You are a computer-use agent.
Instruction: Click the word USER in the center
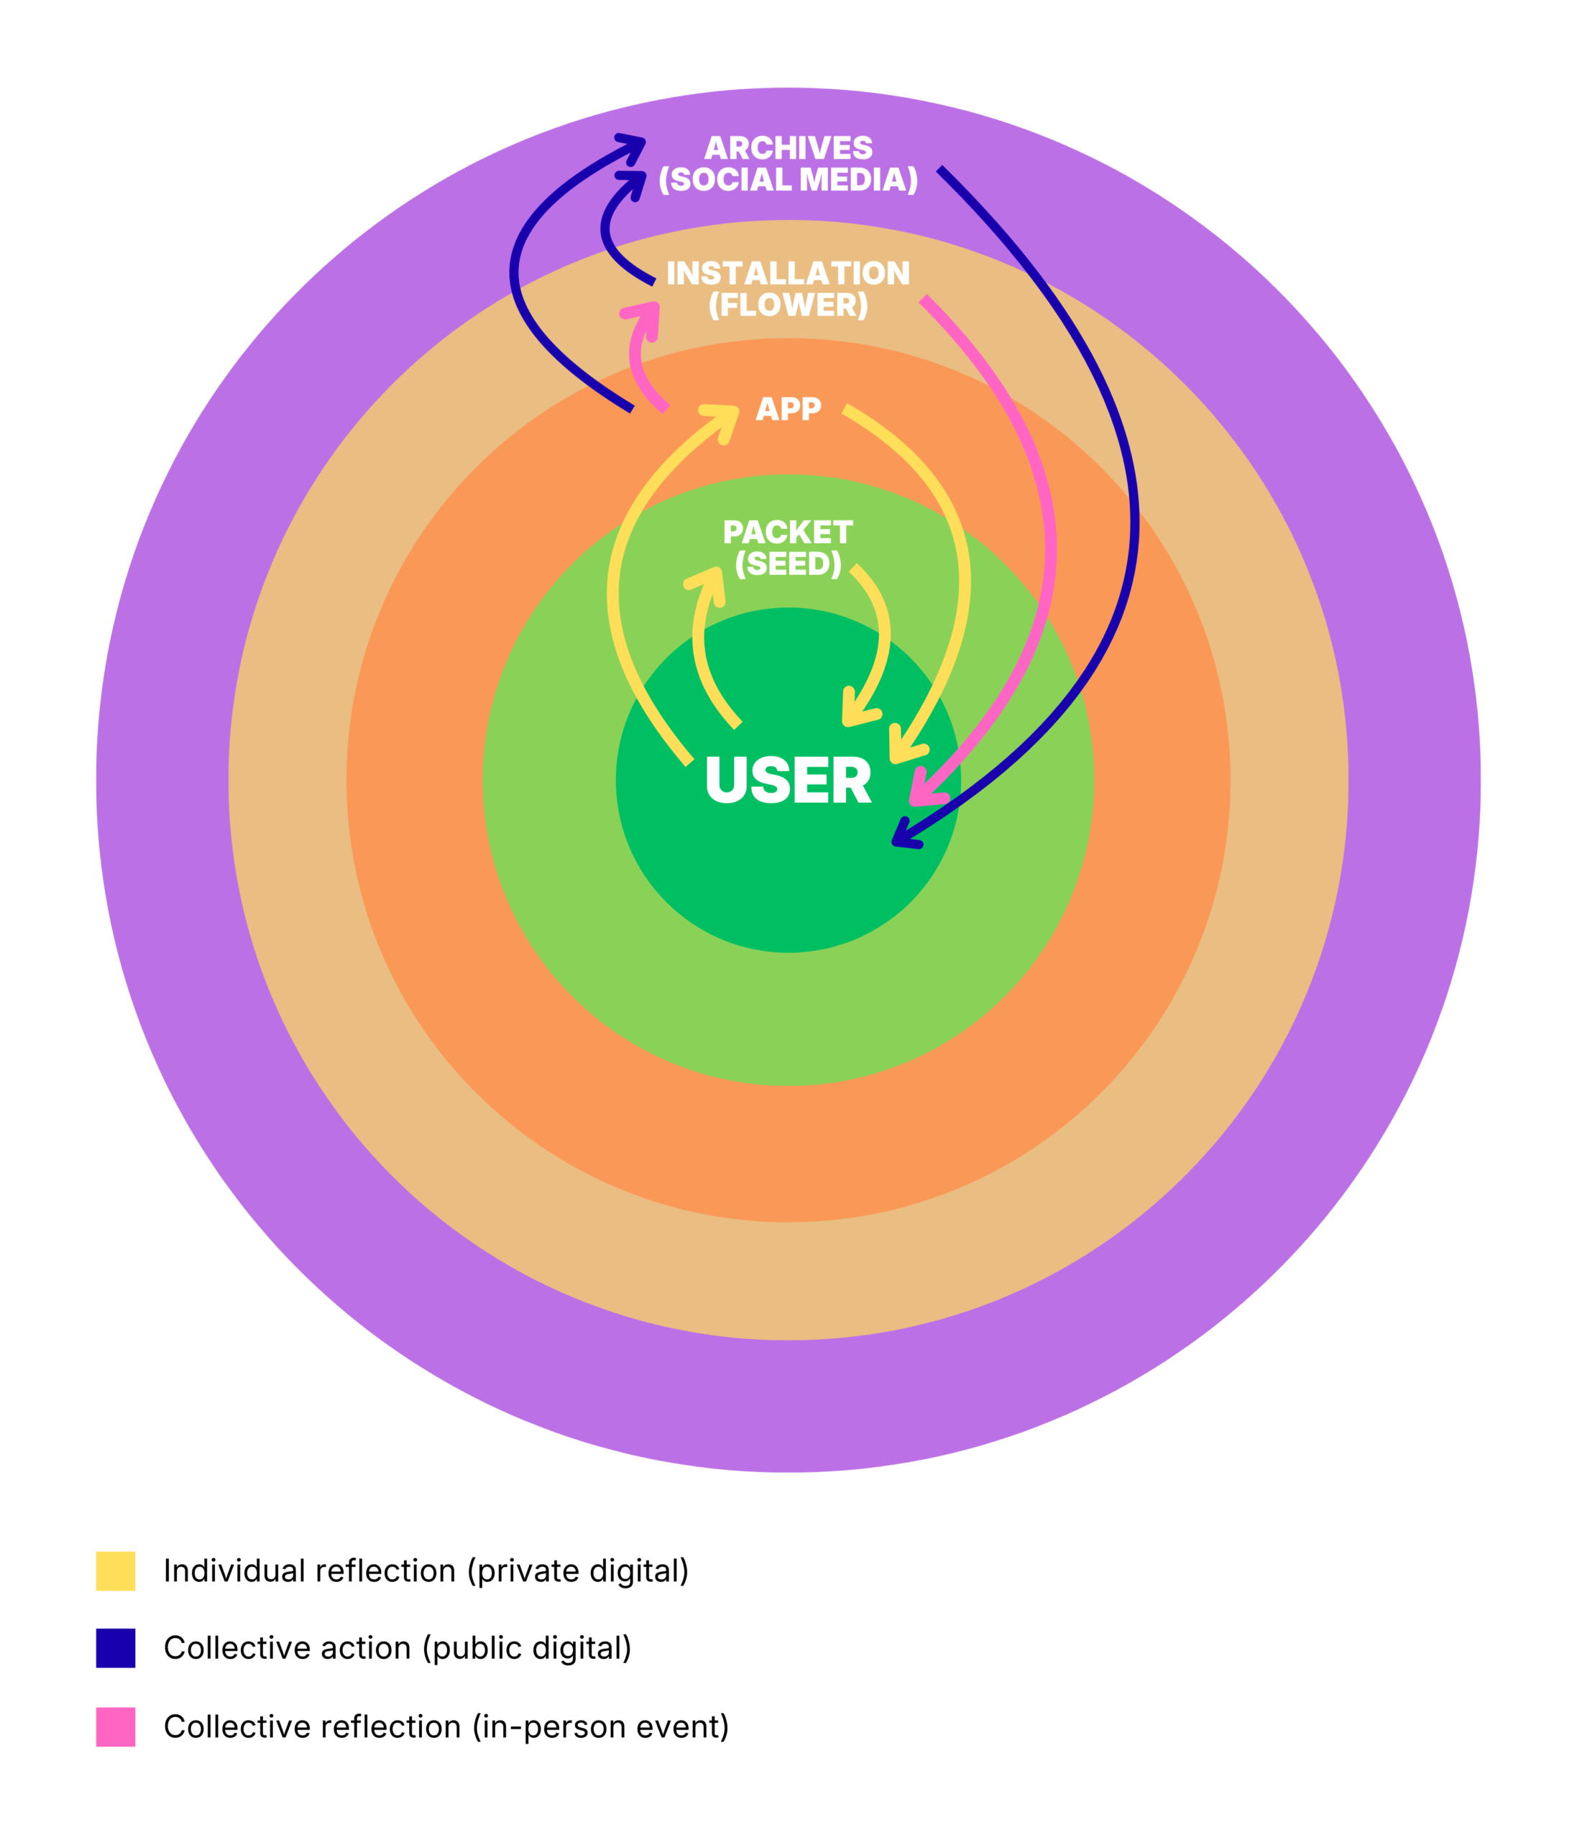click(788, 781)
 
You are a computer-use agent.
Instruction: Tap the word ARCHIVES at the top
click(788, 147)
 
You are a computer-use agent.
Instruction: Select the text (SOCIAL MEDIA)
click(788, 180)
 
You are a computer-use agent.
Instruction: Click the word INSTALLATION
click(788, 272)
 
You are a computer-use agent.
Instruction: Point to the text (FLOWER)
click(788, 305)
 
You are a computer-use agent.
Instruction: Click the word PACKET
click(788, 532)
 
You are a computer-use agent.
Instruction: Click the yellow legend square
click(116, 1571)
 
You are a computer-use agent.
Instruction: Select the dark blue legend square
click(116, 1648)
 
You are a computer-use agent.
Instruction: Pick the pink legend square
click(116, 1727)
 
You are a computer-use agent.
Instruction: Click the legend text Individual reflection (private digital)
click(426, 1572)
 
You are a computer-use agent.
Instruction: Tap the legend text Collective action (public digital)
click(397, 1649)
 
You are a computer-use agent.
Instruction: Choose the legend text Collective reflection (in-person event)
click(446, 1727)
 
